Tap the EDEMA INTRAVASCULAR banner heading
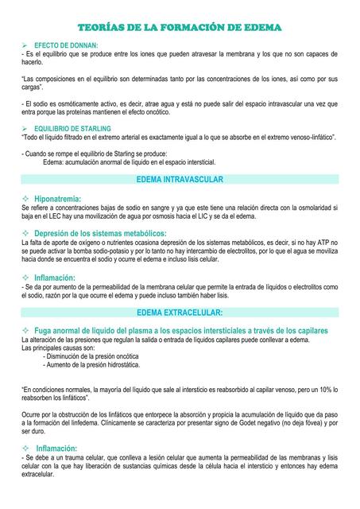tap(180, 180)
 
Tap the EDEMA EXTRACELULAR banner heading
tap(180, 313)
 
